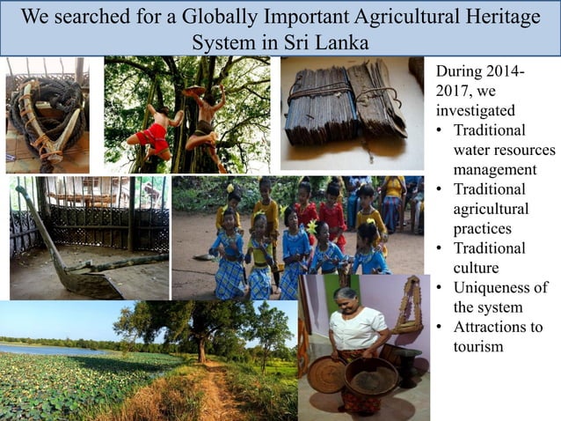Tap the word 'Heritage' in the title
point(497,18)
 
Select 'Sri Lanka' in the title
point(327,42)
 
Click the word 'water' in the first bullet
point(475,150)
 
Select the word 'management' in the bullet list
point(494,169)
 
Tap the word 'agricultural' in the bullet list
point(491,209)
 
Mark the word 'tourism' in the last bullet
point(479,346)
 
